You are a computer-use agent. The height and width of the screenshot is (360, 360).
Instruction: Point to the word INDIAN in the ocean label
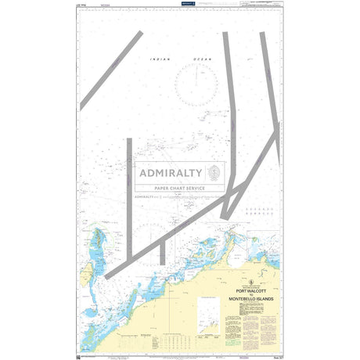point(162,59)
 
